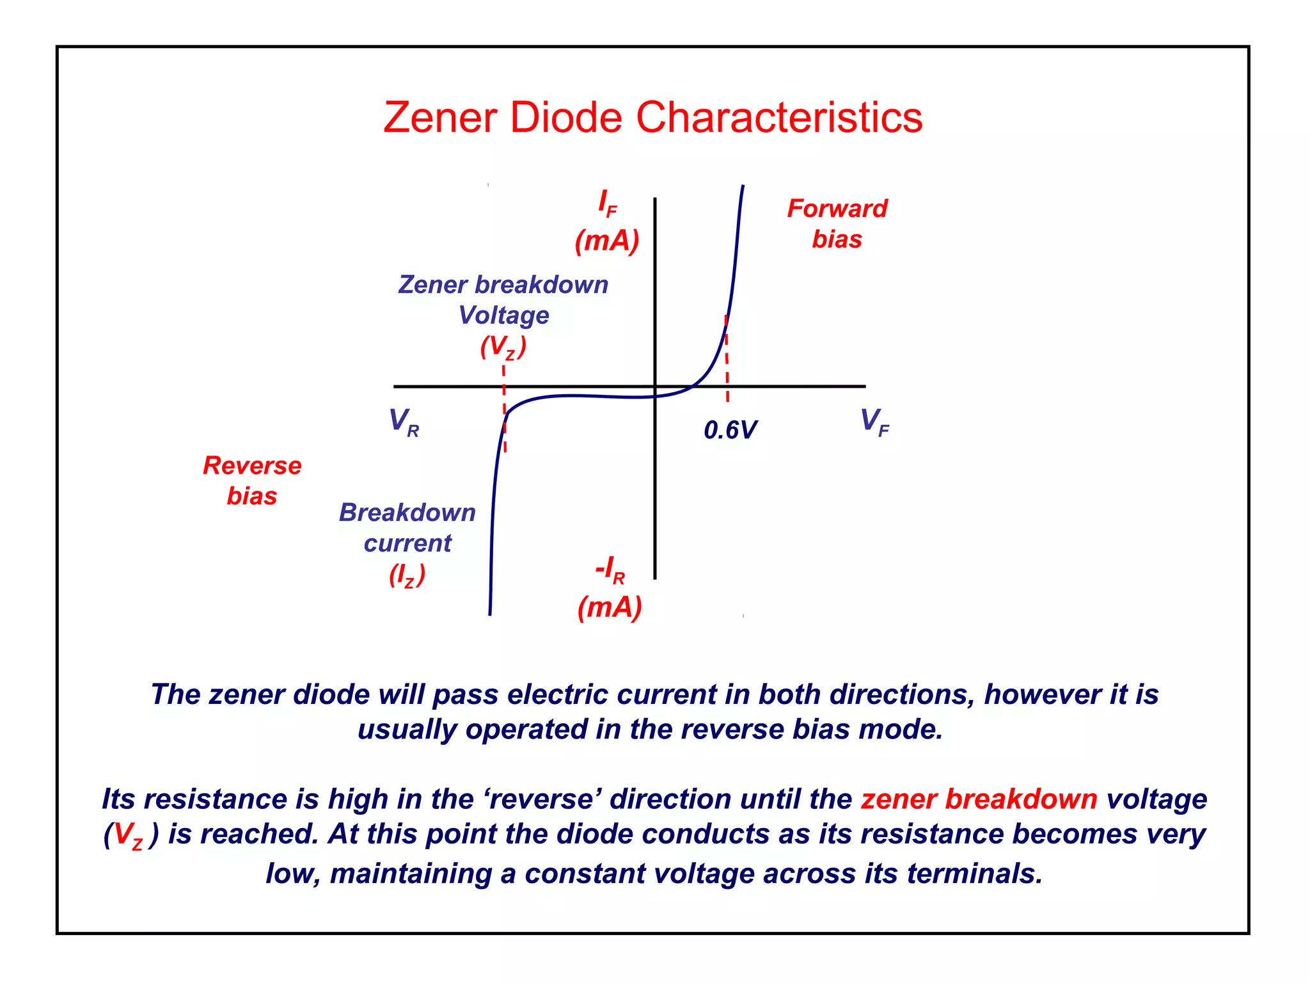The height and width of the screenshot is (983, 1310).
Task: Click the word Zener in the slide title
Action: click(440, 118)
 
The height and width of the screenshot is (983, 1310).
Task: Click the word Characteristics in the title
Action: click(779, 118)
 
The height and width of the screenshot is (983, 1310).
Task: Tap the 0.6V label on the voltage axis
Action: click(730, 430)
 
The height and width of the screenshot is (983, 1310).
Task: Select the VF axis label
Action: click(874, 422)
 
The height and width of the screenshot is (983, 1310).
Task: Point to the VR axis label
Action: click(404, 422)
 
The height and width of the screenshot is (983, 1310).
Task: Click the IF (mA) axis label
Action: click(607, 223)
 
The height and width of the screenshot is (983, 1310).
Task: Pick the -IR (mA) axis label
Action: click(610, 587)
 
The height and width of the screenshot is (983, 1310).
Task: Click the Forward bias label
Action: click(837, 223)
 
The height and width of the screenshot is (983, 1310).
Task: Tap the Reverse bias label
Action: click(252, 481)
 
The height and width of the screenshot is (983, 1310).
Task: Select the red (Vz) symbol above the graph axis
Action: click(503, 347)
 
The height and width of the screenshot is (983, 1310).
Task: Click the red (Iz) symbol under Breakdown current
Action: click(407, 575)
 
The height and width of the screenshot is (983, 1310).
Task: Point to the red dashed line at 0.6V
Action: click(727, 358)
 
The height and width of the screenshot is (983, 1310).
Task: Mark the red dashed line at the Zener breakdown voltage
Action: click(504, 410)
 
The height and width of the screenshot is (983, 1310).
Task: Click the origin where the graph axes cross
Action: click(655, 387)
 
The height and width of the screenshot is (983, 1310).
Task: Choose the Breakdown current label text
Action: click(407, 527)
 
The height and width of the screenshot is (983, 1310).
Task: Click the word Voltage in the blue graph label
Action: click(504, 316)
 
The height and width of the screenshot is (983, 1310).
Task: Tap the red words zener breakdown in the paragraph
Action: click(979, 799)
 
